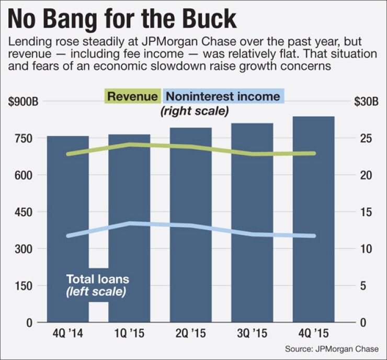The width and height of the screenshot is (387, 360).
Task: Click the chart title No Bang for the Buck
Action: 122,19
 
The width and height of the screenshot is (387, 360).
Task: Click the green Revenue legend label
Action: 133,97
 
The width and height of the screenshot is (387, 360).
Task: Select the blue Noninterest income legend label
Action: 223,97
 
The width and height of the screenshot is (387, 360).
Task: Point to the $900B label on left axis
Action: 23,102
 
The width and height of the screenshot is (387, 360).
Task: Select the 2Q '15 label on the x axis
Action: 190,333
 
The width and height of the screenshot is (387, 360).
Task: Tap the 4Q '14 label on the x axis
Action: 68,333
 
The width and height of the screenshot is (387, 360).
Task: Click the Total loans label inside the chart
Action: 97,279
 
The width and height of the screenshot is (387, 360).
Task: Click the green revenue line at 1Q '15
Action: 129,144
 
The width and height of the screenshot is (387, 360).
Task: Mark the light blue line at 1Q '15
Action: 129,223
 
